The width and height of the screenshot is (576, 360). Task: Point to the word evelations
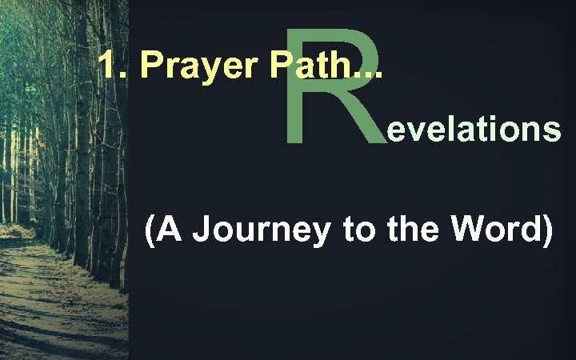(x=473, y=130)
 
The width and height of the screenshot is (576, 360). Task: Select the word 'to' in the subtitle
(x=357, y=230)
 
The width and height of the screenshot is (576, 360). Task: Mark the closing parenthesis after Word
(x=547, y=231)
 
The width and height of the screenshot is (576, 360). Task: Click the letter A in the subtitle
(x=170, y=230)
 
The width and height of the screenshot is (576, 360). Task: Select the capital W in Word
(x=455, y=230)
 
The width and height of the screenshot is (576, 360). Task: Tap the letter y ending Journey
(x=322, y=234)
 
